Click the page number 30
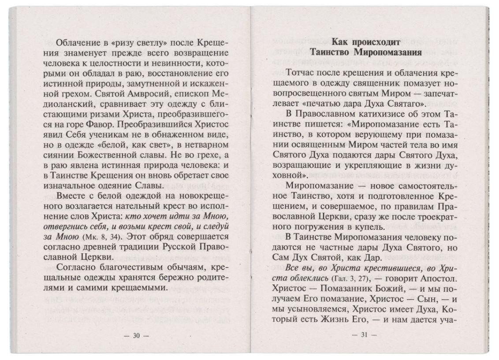coord(136,335)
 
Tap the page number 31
coord(364,334)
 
